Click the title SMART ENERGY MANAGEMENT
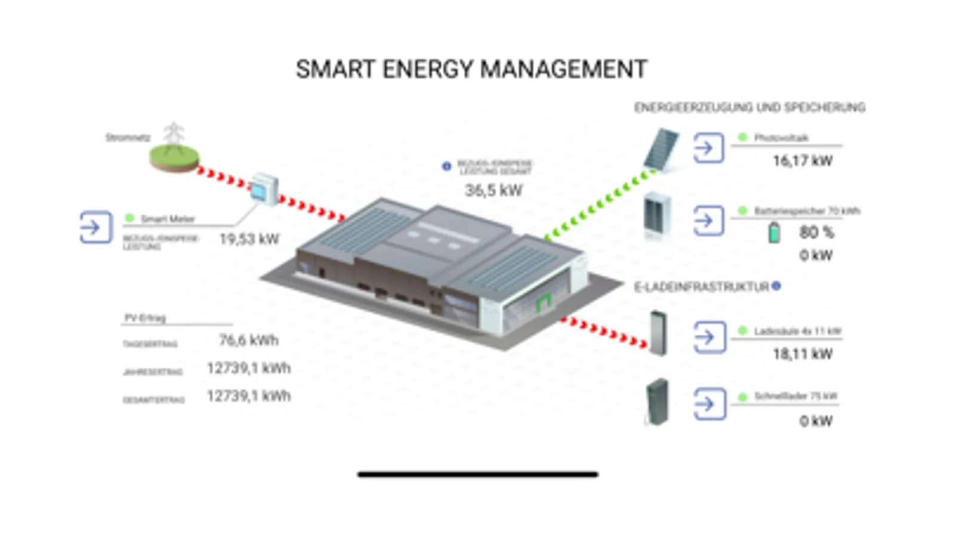(x=471, y=69)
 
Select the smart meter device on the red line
(x=263, y=189)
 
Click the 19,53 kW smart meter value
(x=249, y=239)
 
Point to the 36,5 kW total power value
(x=493, y=191)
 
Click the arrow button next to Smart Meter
(x=96, y=227)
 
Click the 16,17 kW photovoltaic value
(x=802, y=161)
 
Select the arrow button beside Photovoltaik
(x=708, y=148)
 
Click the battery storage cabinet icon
(x=658, y=215)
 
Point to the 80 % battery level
(x=816, y=233)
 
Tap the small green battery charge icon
(x=774, y=232)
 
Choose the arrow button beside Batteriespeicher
(x=708, y=221)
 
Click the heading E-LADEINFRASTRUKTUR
(x=701, y=288)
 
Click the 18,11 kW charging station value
(x=802, y=354)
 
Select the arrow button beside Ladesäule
(x=709, y=337)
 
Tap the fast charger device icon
(x=657, y=402)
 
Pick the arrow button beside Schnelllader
(x=709, y=404)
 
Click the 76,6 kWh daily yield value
(x=248, y=341)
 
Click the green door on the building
(x=543, y=303)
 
